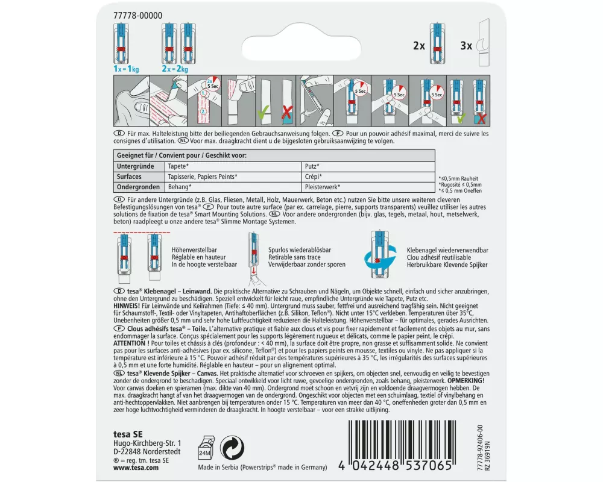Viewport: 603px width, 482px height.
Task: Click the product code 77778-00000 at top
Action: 137,16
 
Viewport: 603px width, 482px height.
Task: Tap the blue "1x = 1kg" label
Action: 126,69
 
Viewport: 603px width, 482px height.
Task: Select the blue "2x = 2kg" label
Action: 175,69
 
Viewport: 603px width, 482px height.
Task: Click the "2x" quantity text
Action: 419,46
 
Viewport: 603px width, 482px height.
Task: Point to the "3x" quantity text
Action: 466,46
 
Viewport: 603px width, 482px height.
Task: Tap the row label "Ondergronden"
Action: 138,187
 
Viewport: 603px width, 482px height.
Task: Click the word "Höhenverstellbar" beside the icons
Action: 194,250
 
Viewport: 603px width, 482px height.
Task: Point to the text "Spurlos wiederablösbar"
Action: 300,250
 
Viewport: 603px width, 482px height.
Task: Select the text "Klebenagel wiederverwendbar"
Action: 447,250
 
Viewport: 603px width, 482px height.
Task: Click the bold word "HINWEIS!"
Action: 127,306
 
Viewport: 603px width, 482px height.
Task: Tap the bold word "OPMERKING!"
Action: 466,381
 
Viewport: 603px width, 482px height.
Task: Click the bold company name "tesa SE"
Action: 128,434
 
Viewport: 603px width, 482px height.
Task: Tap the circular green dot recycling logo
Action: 232,448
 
